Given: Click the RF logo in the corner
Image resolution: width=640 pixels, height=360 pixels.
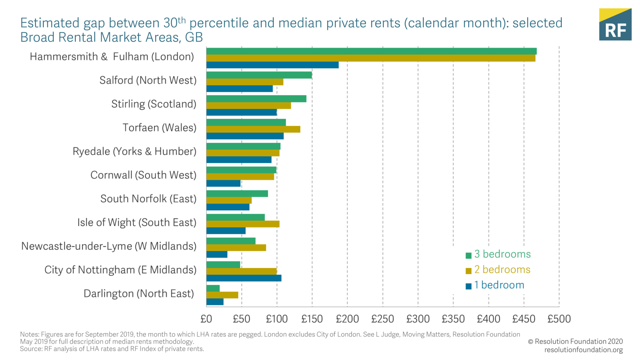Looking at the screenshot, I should pos(615,25).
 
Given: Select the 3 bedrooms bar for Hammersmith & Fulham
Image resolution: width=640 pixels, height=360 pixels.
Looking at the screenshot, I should pos(371,51).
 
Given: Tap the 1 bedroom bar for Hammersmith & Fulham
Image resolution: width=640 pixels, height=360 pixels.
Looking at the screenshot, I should pos(272,65).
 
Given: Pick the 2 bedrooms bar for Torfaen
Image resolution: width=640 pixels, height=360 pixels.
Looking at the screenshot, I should pos(253,129).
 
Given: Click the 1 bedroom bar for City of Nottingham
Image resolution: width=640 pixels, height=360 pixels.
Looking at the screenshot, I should pos(244,278).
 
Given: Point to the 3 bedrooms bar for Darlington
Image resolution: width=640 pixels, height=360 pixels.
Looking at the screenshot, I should pos(213,288).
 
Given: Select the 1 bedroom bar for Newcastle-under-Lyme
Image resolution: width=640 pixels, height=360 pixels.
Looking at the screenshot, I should pos(217,254).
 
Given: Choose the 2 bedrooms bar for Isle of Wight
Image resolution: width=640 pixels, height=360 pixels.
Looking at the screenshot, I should pos(243,224).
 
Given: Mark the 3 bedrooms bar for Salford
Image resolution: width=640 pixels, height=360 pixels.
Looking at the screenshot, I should pos(259,75).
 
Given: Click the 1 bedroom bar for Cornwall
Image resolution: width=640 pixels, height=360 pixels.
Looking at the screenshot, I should pos(223,183).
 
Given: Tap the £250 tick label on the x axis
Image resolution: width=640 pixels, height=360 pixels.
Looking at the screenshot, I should pos(383,319).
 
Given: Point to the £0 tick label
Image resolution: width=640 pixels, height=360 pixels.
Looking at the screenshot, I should pos(206,319).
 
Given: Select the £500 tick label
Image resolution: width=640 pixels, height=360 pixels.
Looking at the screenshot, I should pos(559,319).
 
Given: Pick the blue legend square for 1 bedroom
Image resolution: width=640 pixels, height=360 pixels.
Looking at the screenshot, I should pos(469,286).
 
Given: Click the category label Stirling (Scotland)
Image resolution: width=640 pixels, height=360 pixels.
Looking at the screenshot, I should pos(154,104).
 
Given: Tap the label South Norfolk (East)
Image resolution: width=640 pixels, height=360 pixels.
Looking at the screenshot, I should pos(148,199).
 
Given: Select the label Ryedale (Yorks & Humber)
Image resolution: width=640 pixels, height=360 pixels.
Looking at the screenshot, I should pos(134,151).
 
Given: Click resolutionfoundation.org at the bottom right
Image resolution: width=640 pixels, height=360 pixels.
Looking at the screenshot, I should pos(583,350).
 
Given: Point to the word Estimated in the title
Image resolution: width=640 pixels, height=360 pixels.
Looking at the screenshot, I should pos(50,23).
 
